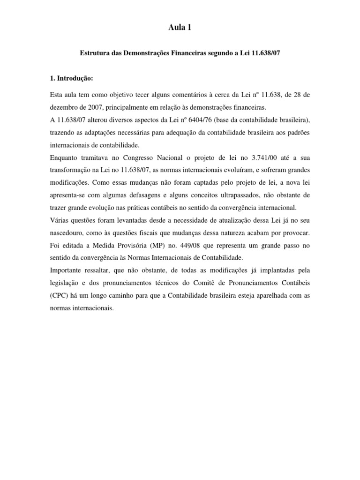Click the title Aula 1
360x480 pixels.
(x=180, y=29)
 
